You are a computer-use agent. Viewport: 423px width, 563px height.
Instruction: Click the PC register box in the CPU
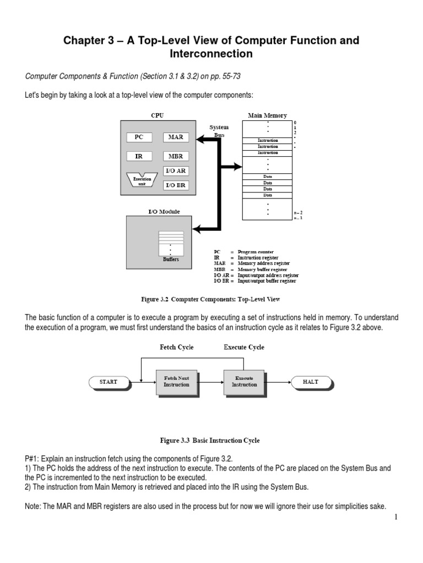[139, 137]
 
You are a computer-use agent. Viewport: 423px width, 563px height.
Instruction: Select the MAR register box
[175, 137]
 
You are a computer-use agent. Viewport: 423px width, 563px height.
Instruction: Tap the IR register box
[139, 156]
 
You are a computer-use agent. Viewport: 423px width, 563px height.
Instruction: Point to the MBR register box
[175, 156]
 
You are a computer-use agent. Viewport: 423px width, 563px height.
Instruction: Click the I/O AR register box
[175, 171]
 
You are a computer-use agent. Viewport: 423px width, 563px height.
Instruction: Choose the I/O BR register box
[175, 185]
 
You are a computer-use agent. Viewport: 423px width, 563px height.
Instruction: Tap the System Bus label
[219, 131]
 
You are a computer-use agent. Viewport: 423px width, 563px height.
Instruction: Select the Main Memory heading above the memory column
[268, 115]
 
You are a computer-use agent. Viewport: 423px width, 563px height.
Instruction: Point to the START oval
[109, 382]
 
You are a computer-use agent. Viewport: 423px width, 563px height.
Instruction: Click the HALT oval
[310, 382]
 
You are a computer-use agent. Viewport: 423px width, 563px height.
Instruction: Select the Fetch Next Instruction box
[176, 382]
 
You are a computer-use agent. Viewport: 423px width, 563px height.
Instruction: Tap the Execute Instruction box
[243, 382]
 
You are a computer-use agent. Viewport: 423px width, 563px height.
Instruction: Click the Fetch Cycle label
[176, 347]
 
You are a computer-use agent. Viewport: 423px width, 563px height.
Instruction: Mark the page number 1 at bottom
[395, 517]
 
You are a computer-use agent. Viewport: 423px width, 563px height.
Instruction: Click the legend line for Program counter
[242, 251]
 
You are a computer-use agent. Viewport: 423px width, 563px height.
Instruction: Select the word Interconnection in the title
[211, 54]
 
